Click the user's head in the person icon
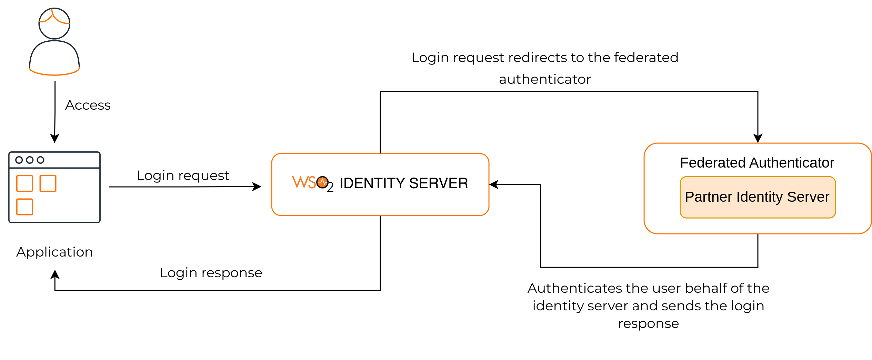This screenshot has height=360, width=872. pos(54,23)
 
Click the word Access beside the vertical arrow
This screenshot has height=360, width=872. pos(88,105)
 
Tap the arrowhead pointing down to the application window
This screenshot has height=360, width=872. pos(54,138)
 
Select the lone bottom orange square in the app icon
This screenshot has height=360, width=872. pos(24,207)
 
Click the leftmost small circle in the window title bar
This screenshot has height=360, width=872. pos(19,160)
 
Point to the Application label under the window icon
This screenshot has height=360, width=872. pos(54,252)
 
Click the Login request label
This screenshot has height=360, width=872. pos(183,176)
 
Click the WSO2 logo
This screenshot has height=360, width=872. pos(312,183)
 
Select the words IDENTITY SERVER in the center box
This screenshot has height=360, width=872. pos(403,183)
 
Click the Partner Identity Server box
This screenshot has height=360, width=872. pos(757,197)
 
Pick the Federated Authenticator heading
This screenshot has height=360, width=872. pos(756,162)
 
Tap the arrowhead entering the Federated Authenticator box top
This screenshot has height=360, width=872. pos(758,138)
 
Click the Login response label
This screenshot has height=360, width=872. pos(211,273)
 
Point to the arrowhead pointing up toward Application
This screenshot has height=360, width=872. pos(55,275)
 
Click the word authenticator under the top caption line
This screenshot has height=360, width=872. pos(544,79)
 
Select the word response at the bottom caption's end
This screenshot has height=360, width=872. pos(648,323)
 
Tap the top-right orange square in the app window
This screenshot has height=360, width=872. pos(48,183)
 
